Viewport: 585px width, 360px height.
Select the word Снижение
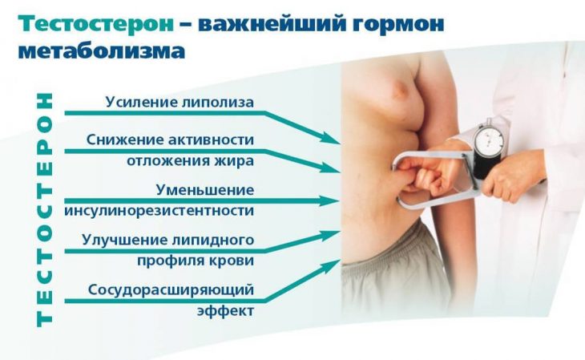(123, 140)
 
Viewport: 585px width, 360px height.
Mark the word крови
(234, 261)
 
